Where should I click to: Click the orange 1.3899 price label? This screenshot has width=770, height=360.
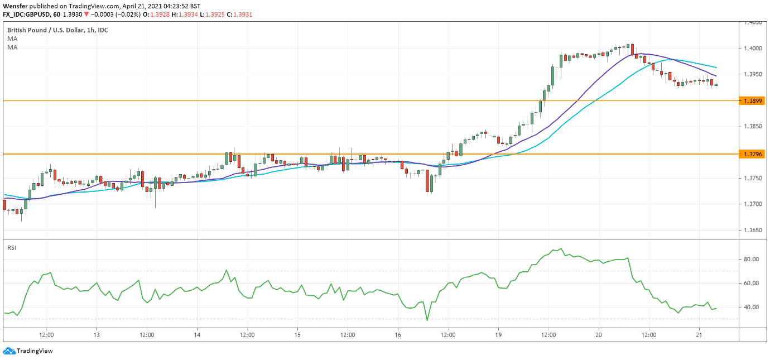pyautogui.click(x=751, y=101)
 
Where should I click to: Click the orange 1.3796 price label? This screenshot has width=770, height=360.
pyautogui.click(x=751, y=153)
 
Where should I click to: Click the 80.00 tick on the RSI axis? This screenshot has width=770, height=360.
pyautogui.click(x=751, y=260)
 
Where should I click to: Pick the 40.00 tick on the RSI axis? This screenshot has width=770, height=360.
pyautogui.click(x=751, y=308)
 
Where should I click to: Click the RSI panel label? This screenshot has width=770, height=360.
pyautogui.click(x=11, y=247)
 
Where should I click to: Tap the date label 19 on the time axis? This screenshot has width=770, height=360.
pyautogui.click(x=498, y=335)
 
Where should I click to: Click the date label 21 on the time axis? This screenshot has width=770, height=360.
pyautogui.click(x=699, y=335)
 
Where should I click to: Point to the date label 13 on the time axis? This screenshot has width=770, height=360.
pyautogui.click(x=97, y=335)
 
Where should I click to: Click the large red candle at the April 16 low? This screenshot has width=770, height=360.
pyautogui.click(x=428, y=181)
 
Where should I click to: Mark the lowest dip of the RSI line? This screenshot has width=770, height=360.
pyautogui.click(x=427, y=320)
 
